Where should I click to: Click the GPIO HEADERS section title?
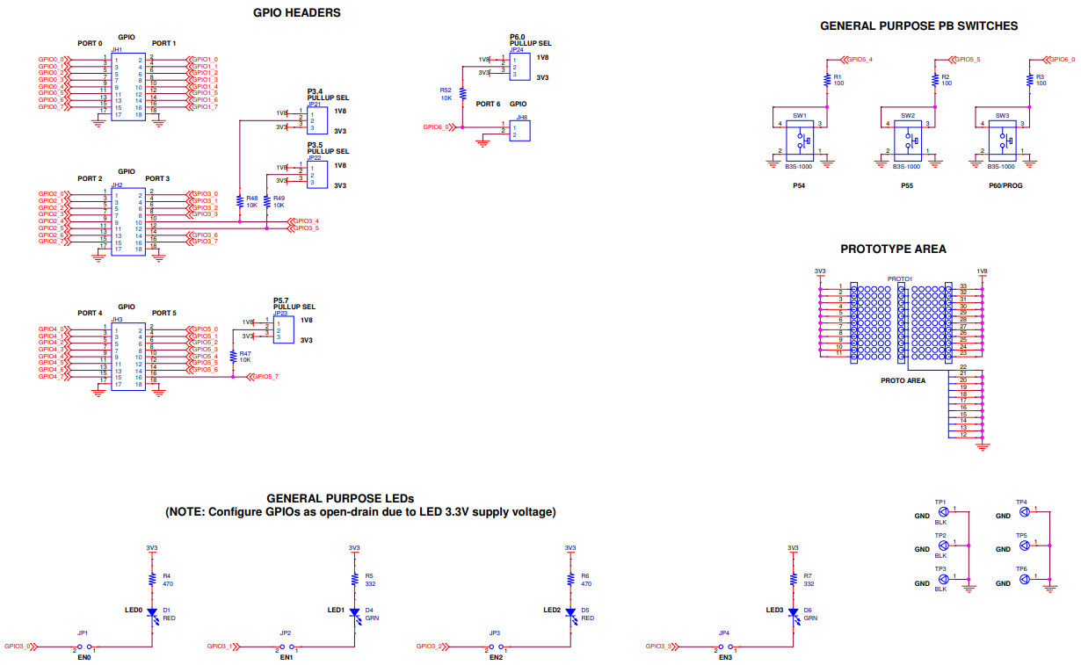coord(296,13)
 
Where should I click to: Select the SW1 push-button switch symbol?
coord(800,139)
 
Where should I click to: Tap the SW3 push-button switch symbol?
coord(1003,139)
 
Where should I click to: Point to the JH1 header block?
coord(127,86)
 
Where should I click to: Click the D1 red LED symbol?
coord(151,612)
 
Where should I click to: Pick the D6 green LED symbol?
coord(793,612)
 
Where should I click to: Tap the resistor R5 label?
coord(369,575)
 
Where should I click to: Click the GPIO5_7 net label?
coord(265,377)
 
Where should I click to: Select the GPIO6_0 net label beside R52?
coord(437,127)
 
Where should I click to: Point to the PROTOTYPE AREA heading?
coord(893,249)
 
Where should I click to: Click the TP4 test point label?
coord(1021,502)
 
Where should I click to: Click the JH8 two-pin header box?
coord(522,131)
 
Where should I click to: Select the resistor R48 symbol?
coord(240,200)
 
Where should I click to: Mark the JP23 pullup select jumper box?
coord(282,329)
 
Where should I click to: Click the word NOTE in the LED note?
coord(192,512)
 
